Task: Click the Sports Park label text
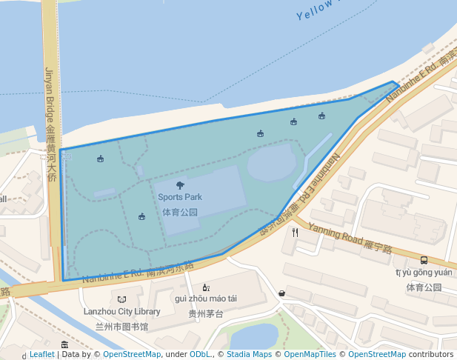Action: tap(179, 197)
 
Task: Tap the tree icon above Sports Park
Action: tap(180, 186)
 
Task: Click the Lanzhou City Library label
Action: tap(122, 312)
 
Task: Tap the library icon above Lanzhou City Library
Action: tap(121, 299)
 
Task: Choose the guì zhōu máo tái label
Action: tap(205, 299)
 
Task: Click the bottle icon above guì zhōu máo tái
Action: tap(205, 287)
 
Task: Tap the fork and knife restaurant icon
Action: tap(295, 232)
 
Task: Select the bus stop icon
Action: tap(424, 260)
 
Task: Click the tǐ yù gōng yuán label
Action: tap(424, 273)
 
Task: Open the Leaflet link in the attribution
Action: tap(41, 355)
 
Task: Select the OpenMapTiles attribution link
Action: tap(314, 355)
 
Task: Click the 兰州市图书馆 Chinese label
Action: tap(122, 326)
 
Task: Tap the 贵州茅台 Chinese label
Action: tap(205, 313)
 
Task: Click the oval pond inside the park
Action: tap(271, 163)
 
